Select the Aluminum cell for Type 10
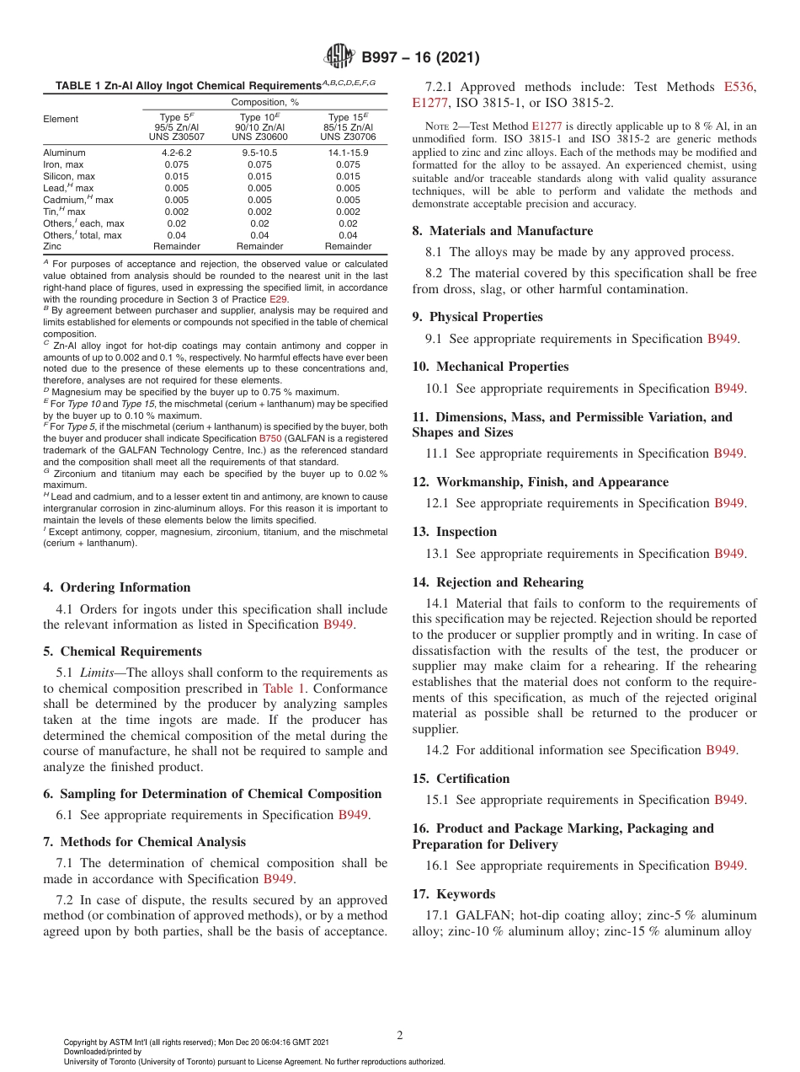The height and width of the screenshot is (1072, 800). tap(260, 153)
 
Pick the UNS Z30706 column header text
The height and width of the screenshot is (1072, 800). tap(349, 136)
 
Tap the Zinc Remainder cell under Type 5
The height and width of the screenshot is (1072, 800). tap(177, 246)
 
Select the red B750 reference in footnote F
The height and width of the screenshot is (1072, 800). tap(269, 438)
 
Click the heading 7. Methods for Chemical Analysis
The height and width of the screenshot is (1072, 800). tap(144, 841)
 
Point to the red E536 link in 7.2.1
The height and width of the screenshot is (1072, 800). tap(739, 87)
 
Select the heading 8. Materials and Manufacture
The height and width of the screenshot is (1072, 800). tap(502, 231)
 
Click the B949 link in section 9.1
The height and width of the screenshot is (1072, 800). tap(721, 339)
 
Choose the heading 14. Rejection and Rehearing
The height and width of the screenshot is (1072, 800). tap(498, 582)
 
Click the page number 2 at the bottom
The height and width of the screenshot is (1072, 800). tap(400, 1035)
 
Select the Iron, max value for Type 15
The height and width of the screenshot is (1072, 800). tap(348, 164)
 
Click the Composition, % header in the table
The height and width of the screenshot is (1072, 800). tap(260, 101)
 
